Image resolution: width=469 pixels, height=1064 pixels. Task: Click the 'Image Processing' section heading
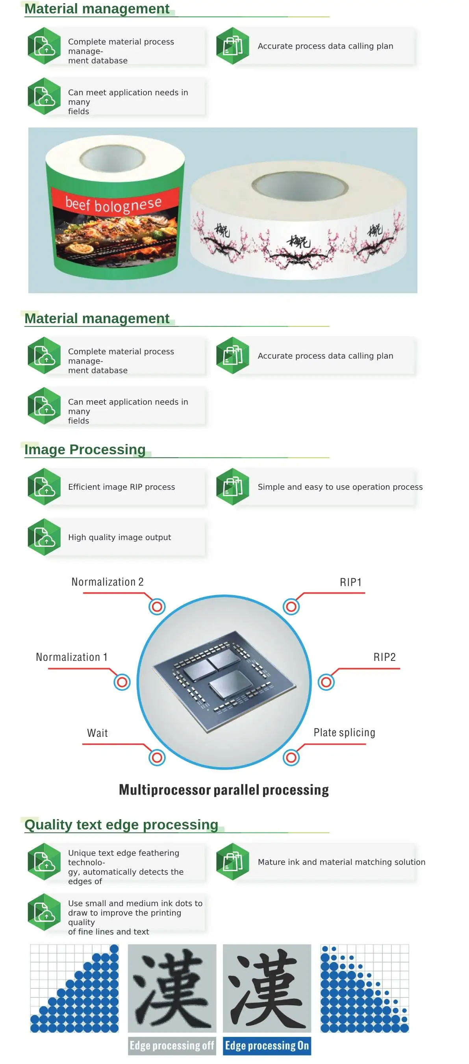click(85, 449)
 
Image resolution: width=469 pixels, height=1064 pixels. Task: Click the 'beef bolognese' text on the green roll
click(113, 204)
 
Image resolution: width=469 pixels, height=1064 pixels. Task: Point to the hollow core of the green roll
click(112, 158)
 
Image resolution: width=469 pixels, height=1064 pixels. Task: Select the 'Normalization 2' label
click(108, 581)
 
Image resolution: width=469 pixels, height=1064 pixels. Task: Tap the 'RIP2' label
click(384, 657)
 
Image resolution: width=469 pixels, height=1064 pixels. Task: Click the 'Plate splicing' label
click(344, 732)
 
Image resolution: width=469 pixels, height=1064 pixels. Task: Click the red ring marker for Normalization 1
click(122, 682)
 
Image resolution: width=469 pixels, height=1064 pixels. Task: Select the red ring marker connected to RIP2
click(326, 682)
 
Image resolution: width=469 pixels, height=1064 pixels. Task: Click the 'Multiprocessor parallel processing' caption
click(224, 789)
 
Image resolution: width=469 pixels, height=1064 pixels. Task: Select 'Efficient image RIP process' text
click(122, 487)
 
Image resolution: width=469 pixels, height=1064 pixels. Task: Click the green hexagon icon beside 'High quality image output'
click(44, 537)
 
